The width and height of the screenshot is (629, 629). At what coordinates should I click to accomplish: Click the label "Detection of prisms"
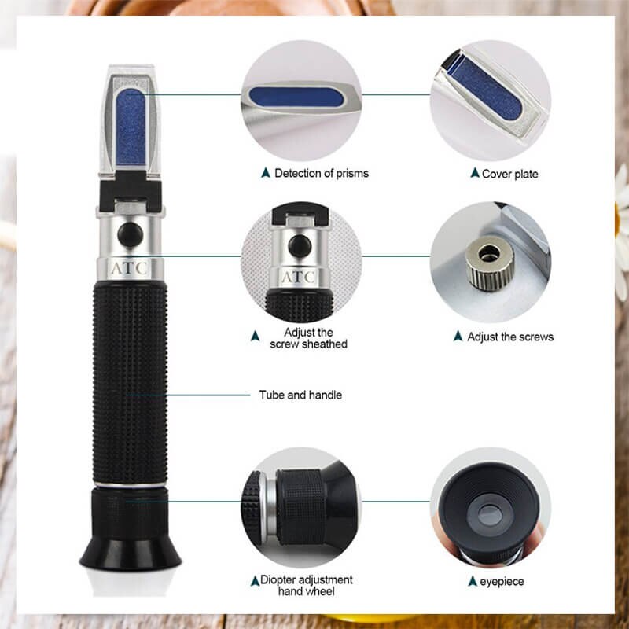click(x=321, y=173)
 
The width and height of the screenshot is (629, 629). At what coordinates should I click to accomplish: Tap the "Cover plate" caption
click(x=509, y=173)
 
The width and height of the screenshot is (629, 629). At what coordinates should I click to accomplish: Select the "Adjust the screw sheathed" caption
click(x=308, y=338)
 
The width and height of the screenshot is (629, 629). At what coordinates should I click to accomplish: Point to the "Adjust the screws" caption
click(x=510, y=337)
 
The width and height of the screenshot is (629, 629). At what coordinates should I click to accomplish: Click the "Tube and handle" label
click(x=300, y=395)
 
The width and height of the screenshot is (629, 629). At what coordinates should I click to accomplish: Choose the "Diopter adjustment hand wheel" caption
click(x=307, y=586)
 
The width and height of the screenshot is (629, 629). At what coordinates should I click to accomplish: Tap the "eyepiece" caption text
click(x=503, y=582)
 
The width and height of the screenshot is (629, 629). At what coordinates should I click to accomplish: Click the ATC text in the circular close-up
click(x=299, y=277)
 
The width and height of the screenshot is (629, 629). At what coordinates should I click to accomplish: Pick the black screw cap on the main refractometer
click(x=131, y=234)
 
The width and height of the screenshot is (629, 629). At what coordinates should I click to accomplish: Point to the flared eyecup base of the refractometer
click(x=130, y=550)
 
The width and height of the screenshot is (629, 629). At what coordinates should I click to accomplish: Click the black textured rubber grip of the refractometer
click(x=130, y=377)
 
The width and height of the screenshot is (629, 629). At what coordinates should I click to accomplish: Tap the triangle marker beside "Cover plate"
click(x=474, y=172)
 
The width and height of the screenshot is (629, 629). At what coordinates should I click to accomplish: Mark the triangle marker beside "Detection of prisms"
click(x=267, y=172)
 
